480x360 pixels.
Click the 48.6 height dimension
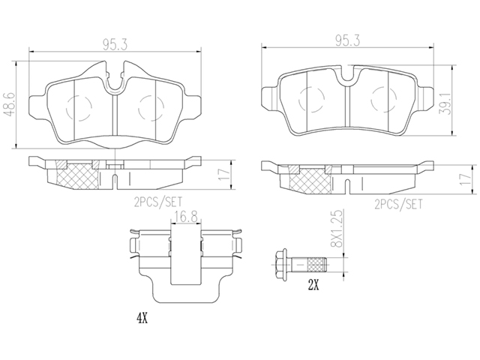10,105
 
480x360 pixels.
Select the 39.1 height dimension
446,103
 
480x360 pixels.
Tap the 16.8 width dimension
186,217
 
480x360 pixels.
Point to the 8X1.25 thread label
337,228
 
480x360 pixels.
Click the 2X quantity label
313,286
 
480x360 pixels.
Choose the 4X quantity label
142,319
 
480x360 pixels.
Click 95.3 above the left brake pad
115,45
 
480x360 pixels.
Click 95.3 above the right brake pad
347,41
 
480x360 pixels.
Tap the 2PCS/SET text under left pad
158,202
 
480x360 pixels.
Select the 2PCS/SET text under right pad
398,204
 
